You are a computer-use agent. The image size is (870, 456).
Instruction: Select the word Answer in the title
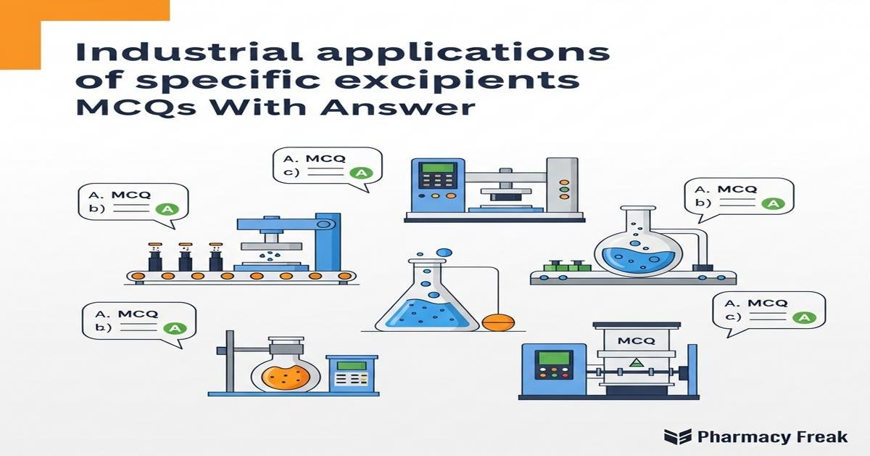click(x=415, y=110)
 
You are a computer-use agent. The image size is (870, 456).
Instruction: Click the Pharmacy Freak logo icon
click(x=677, y=436)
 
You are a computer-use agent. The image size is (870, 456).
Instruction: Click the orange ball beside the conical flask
click(x=497, y=322)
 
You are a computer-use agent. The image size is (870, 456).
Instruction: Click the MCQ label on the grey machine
click(x=637, y=340)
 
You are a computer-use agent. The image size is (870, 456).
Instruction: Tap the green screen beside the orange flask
click(x=351, y=365)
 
